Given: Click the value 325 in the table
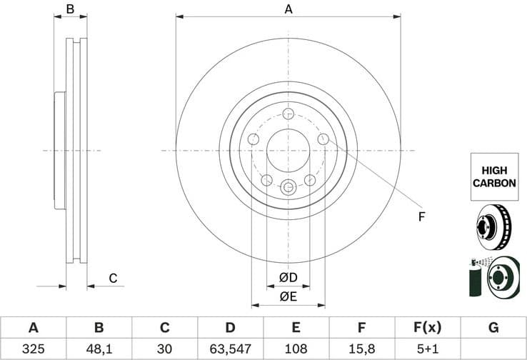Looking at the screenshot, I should click(33, 349).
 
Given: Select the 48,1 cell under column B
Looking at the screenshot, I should click(99, 349).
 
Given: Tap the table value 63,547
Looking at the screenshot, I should click(230, 349).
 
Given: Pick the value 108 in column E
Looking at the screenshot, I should click(296, 349).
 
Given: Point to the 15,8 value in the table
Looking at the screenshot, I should click(362, 349).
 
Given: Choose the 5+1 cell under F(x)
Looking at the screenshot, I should click(428, 349).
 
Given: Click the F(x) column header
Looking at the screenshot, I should click(428, 328).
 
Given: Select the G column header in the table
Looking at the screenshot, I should click(493, 328).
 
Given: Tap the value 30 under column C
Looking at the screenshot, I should click(164, 349).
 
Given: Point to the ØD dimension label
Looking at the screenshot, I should click(288, 277).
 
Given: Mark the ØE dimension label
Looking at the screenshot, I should click(288, 296).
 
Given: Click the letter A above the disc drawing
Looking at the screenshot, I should click(288, 9).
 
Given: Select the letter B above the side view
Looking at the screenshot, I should click(70, 9).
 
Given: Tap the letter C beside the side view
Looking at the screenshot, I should click(112, 279).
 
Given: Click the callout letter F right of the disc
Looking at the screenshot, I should click(421, 216).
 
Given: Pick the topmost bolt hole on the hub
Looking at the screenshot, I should click(288, 114).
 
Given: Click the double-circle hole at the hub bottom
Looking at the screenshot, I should click(288, 187).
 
